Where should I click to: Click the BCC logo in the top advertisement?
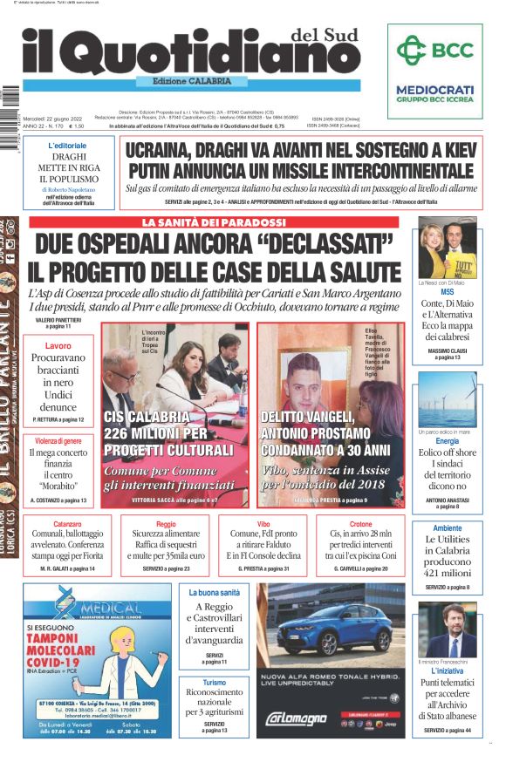pyautogui.click(x=434, y=52)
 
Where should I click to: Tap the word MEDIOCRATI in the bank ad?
pyautogui.click(x=434, y=88)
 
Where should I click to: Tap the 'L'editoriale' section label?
pyautogui.click(x=67, y=145)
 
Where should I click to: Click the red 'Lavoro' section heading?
pyautogui.click(x=58, y=346)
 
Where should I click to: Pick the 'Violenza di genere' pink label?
pyautogui.click(x=58, y=441)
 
